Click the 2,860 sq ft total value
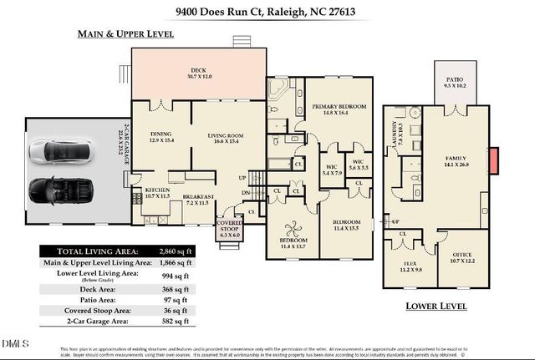(176, 251)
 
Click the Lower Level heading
(436, 307)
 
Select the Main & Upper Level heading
(125, 34)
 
